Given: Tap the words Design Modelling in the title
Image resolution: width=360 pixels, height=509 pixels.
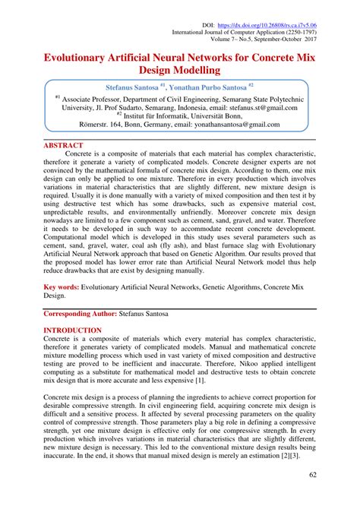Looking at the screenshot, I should pyautogui.click(x=179, y=71).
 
